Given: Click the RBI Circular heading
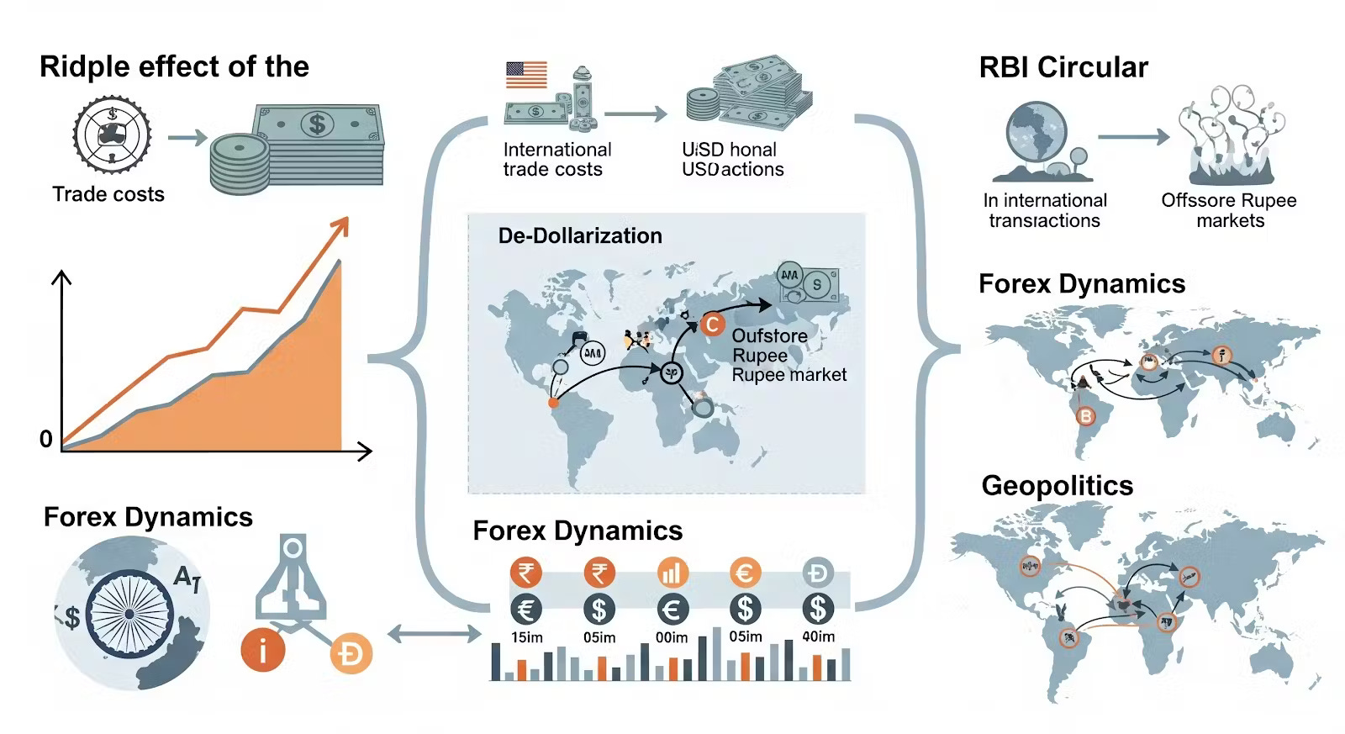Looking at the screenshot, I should (1063, 67).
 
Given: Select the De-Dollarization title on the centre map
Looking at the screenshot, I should (580, 235).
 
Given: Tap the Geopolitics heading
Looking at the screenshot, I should (1057, 486).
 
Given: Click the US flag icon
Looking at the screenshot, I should (526, 75).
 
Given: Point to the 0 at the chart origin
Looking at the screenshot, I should (46, 439).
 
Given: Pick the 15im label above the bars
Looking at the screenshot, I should (527, 637).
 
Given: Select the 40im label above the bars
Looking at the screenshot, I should (818, 636).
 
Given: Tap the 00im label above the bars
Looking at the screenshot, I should (672, 637).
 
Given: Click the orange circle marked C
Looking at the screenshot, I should (712, 324).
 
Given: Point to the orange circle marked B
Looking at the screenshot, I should (1086, 415).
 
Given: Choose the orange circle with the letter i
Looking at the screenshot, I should (262, 650).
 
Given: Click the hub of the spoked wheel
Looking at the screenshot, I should (129, 614).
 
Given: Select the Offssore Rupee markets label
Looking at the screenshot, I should (1229, 210).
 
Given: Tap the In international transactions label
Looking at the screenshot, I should (1045, 210).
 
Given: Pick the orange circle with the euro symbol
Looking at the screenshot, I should (745, 573).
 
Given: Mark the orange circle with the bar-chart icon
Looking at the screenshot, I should (672, 573).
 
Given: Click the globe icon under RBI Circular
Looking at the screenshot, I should (1036, 135).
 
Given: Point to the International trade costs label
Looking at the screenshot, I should (556, 159).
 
